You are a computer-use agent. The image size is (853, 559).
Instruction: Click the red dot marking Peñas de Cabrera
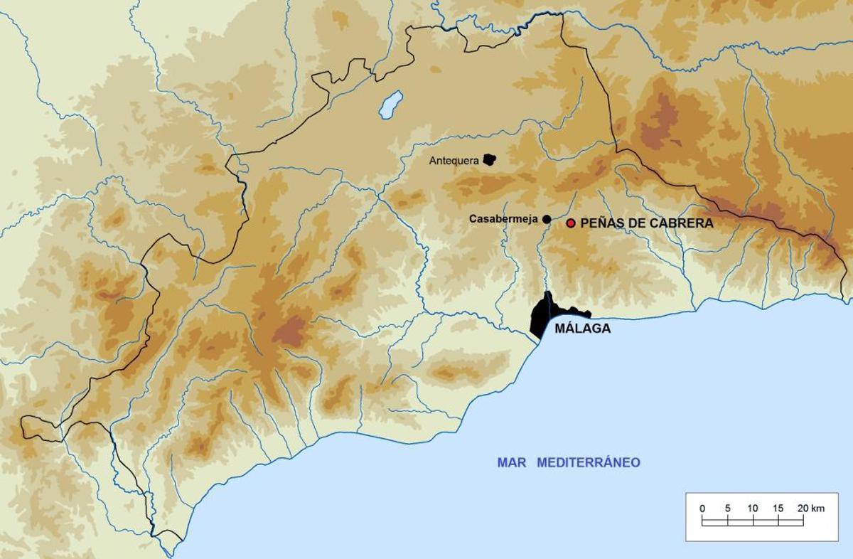coord(570,223)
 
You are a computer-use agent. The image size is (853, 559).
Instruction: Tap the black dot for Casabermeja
coord(547,219)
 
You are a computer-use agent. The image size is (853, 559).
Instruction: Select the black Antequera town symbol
coord(489,160)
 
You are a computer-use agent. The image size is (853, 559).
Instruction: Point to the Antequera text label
coord(454,161)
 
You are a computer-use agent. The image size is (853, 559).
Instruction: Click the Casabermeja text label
coord(503,219)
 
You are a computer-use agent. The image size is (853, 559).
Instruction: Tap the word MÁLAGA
coord(582,329)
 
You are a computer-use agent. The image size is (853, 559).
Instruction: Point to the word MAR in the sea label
coord(511,463)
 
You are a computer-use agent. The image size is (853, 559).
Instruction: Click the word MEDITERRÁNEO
coord(589,463)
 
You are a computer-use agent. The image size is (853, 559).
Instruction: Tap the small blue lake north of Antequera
coord(390,105)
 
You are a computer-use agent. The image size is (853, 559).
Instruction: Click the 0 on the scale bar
coord(702,509)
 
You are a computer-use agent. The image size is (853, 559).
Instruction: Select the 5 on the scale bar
coord(727,509)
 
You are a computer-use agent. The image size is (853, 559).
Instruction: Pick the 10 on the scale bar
coord(753,509)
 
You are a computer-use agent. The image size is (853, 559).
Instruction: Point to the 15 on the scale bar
coord(778,509)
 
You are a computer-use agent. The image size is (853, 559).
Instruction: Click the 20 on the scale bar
coord(802,509)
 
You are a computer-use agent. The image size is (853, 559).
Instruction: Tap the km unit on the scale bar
coord(818,509)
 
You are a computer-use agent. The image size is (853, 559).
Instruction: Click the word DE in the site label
coord(633,223)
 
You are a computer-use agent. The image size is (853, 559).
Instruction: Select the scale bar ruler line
coord(753,522)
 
